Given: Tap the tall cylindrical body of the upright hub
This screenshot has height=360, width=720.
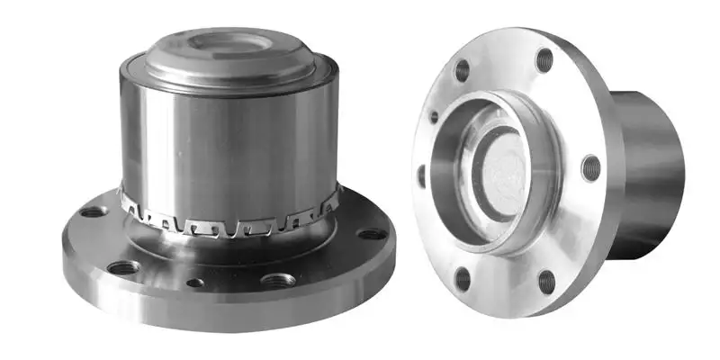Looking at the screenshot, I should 229,135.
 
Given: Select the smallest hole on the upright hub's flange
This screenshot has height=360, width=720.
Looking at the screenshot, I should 195,283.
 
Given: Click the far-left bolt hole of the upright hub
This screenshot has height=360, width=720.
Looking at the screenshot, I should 93,212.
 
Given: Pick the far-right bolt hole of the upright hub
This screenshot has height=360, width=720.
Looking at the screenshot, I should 372,234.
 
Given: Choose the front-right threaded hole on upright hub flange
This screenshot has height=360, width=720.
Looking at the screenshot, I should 278,279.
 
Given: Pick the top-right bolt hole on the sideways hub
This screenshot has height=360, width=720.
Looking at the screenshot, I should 544,59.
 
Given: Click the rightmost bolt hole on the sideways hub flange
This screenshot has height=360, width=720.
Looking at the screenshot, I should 590,167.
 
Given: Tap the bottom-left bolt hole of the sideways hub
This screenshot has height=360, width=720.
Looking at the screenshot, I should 463,278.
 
